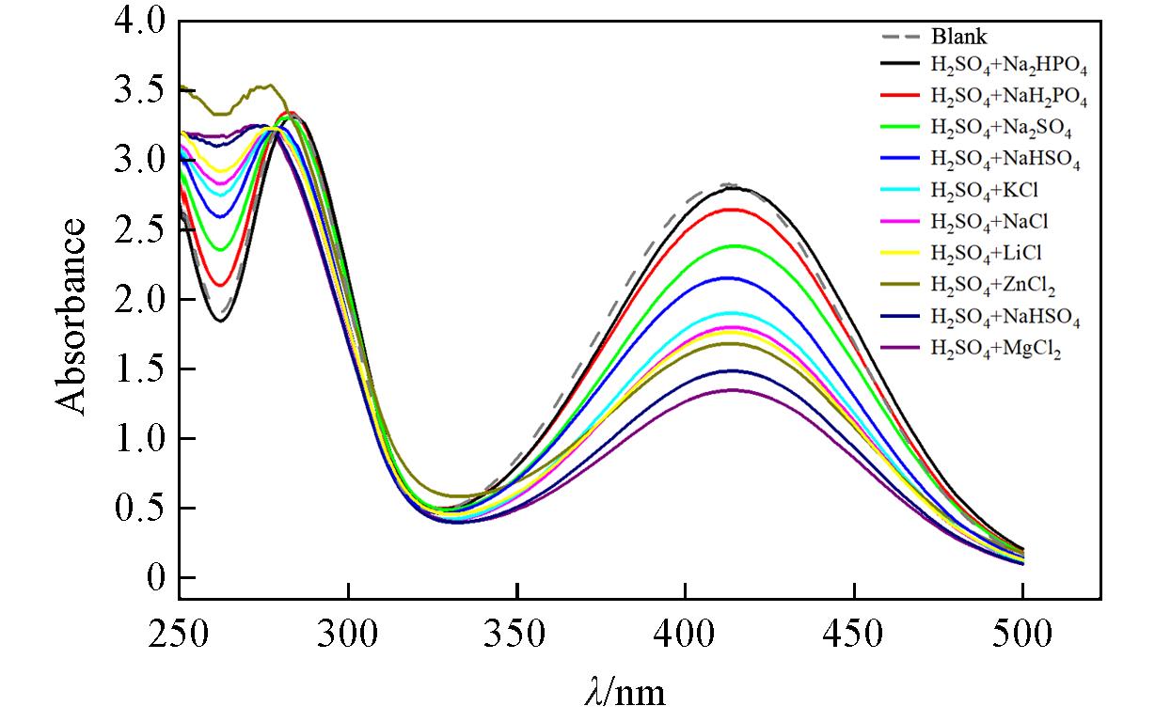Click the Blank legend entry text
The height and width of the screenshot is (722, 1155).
click(x=958, y=39)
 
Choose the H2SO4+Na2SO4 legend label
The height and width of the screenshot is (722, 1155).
click(x=999, y=127)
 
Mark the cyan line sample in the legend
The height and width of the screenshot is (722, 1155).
click(x=900, y=191)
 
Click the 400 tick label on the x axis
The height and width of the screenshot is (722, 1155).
click(x=685, y=636)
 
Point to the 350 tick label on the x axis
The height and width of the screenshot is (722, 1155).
click(x=516, y=636)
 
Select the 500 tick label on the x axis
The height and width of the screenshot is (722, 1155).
click(x=1022, y=636)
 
